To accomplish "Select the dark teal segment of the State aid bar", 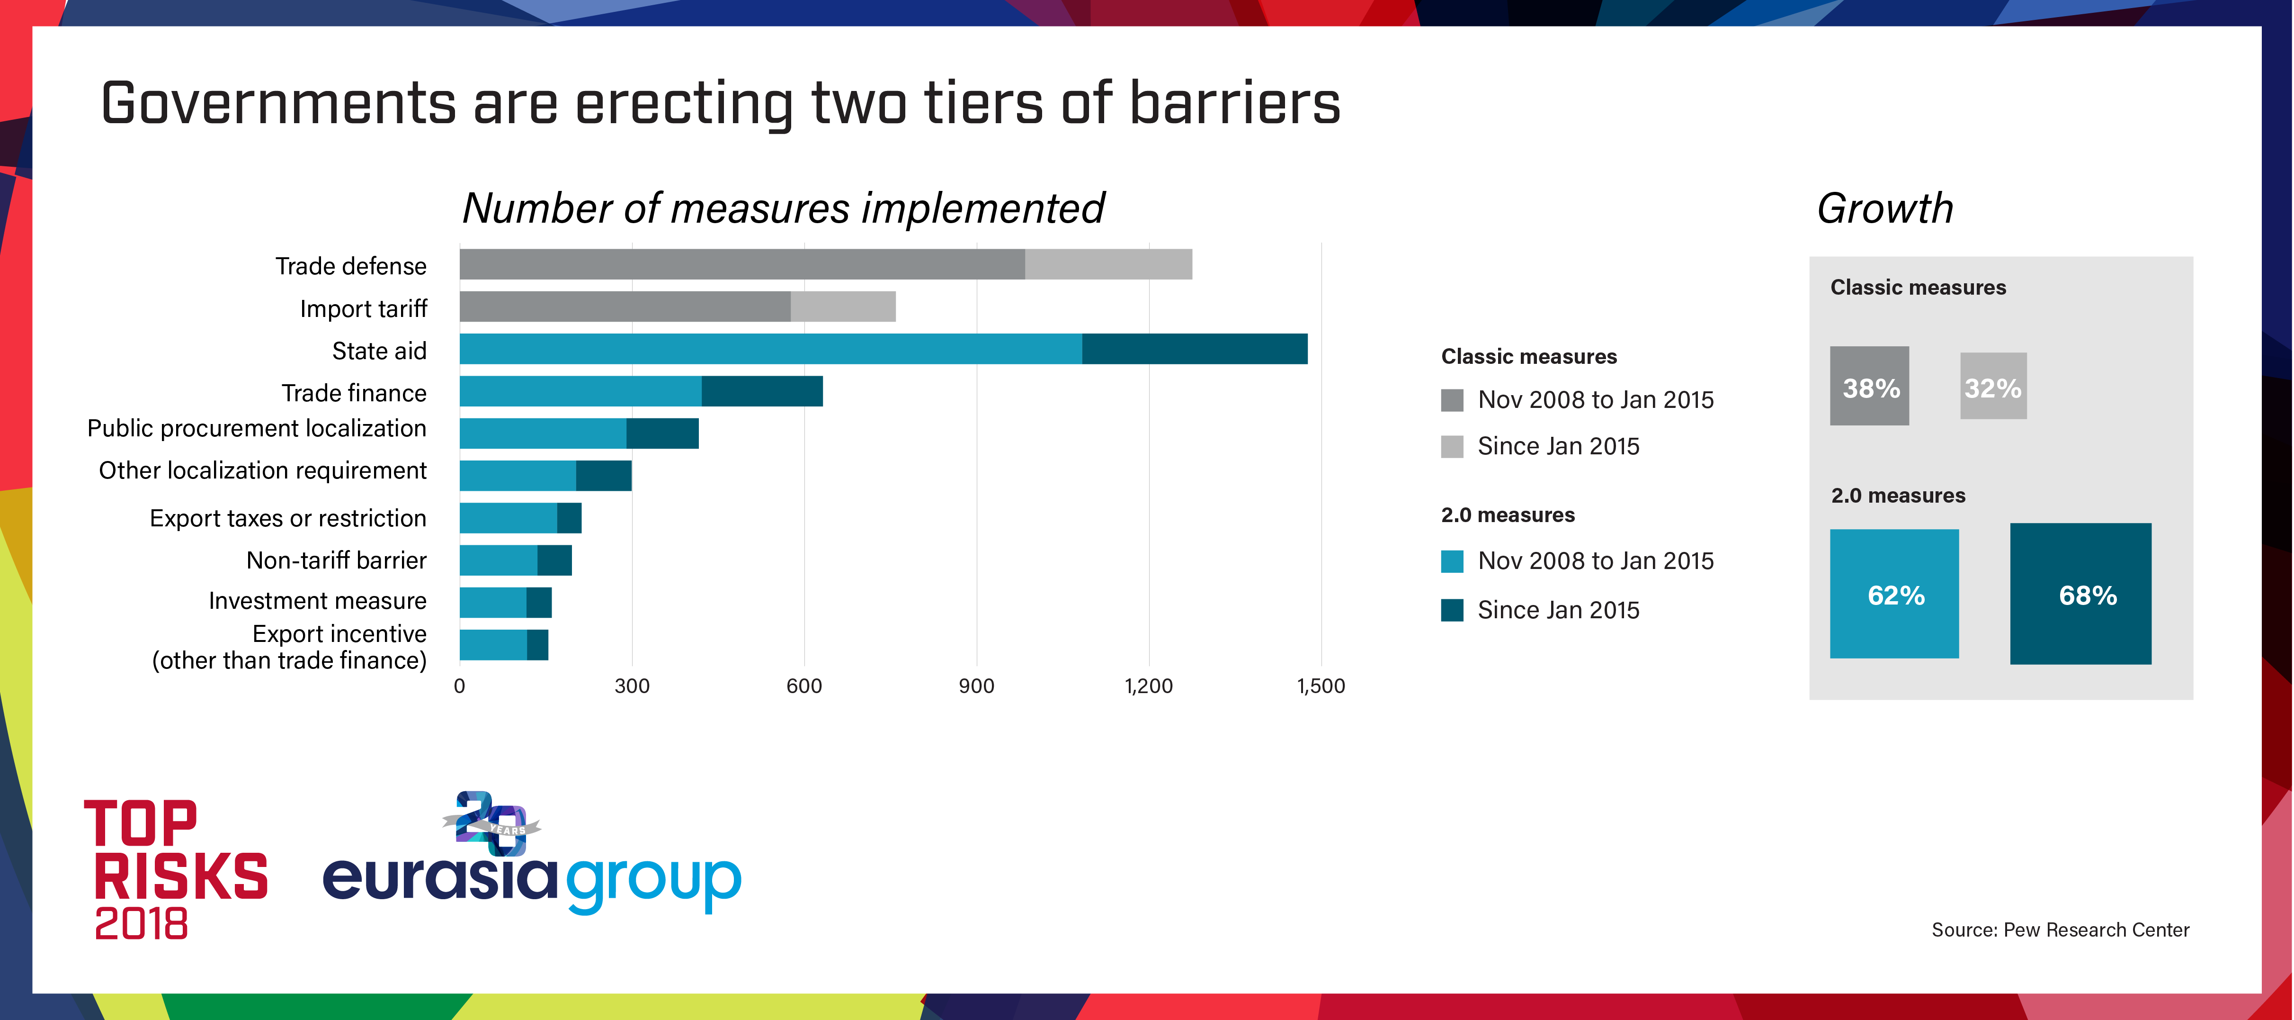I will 1194,349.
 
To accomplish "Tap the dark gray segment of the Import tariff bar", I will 624,307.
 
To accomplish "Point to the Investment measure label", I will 317,601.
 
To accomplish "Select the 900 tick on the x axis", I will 976,686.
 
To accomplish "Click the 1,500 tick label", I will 1321,686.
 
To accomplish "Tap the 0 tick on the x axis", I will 460,686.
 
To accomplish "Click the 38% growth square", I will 1869,387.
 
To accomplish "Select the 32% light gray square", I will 1993,387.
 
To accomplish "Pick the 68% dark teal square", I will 2080,594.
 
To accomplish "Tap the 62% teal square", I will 1894,594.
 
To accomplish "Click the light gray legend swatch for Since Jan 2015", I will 1452,446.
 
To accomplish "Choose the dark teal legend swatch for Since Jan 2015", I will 1452,610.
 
